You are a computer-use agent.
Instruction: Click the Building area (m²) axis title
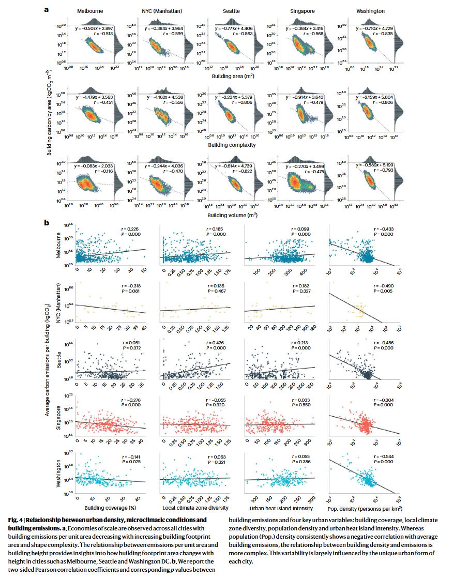click(230, 76)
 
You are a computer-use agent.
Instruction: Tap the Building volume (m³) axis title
click(230, 214)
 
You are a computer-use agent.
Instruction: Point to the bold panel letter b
click(47, 223)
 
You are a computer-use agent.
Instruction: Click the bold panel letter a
click(47, 9)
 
